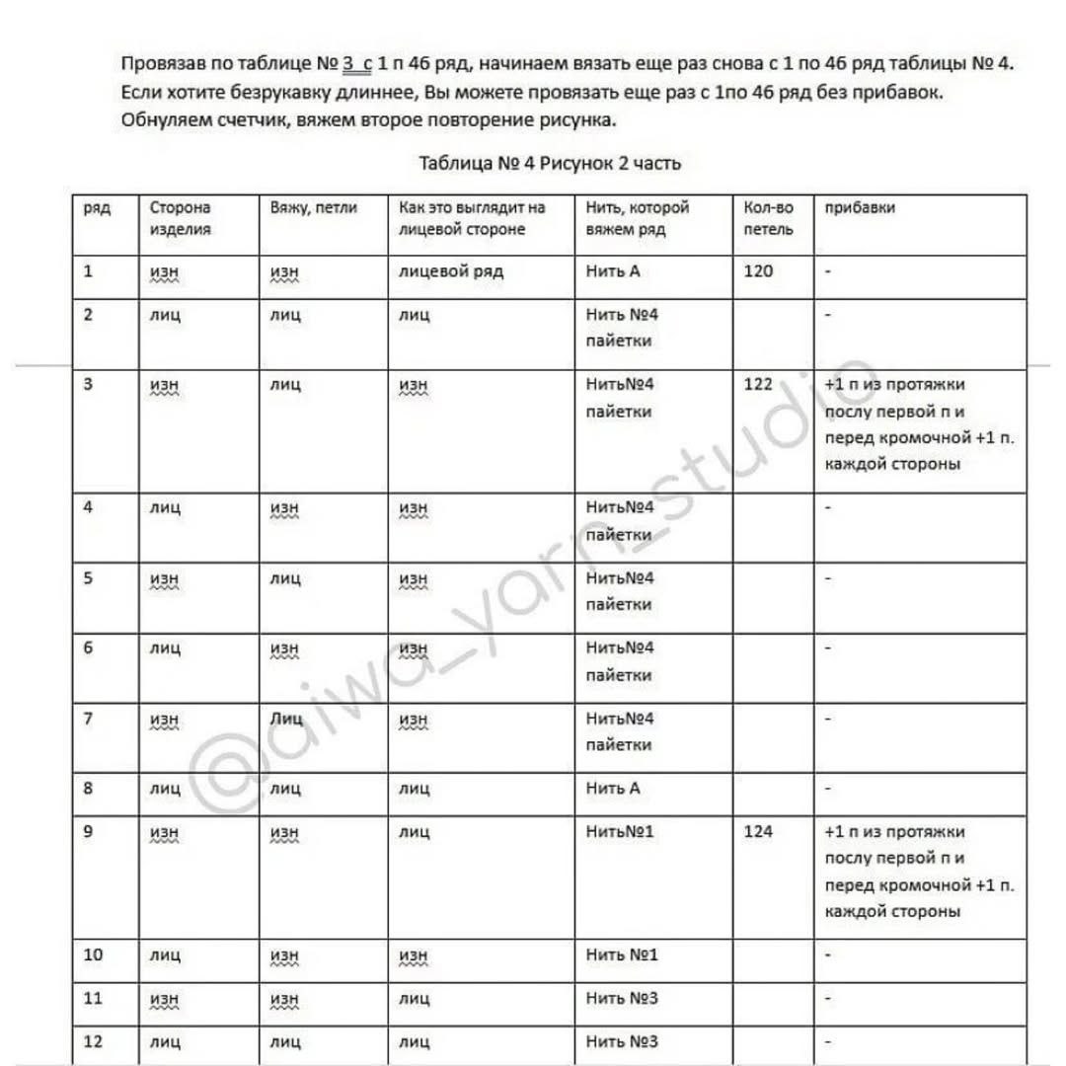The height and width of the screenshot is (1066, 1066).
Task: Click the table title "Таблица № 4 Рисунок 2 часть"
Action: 550,163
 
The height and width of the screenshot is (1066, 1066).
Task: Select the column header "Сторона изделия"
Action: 180,218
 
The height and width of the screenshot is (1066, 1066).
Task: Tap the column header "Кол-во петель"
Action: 768,218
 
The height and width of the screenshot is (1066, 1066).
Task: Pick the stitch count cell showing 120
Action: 758,270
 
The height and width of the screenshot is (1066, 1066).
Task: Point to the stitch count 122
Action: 758,384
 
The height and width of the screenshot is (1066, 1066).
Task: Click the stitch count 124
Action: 758,831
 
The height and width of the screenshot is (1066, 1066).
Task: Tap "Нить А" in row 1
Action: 613,270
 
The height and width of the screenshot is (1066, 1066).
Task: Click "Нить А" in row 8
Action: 613,788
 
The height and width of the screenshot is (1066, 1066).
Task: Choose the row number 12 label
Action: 93,1040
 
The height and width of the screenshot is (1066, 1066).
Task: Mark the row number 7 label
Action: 89,718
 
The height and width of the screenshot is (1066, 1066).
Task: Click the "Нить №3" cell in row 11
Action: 622,998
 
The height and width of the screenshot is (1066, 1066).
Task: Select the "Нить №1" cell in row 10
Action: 622,954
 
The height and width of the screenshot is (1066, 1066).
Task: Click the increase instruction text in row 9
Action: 918,872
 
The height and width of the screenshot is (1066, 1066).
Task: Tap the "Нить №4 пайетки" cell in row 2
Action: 621,328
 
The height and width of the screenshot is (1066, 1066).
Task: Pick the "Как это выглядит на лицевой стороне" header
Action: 472,218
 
